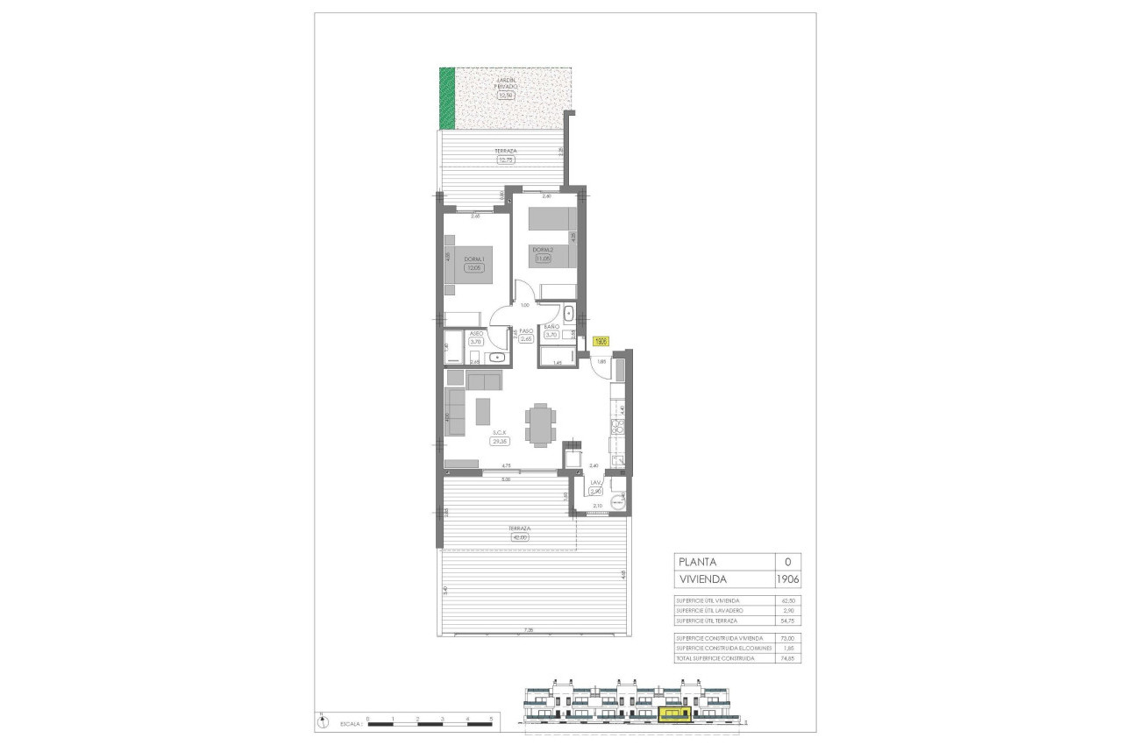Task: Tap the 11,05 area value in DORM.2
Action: pyautogui.click(x=543, y=259)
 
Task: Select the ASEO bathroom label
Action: pyautogui.click(x=476, y=334)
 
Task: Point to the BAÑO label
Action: pyautogui.click(x=551, y=326)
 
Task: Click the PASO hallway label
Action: pyautogui.click(x=526, y=331)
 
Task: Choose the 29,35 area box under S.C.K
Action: pyautogui.click(x=501, y=442)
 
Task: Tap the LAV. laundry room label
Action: pyautogui.click(x=595, y=483)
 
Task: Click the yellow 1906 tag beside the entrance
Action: pyautogui.click(x=601, y=343)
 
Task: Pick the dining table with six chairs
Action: pyautogui.click(x=540, y=424)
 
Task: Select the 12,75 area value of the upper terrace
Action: pyautogui.click(x=506, y=160)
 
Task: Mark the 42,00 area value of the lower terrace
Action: pyautogui.click(x=519, y=537)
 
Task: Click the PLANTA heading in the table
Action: pyautogui.click(x=697, y=562)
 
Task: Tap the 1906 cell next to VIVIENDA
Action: pyautogui.click(x=787, y=580)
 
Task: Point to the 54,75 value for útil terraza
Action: pyautogui.click(x=786, y=620)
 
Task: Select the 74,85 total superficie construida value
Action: pyautogui.click(x=786, y=657)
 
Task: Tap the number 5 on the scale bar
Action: pyautogui.click(x=492, y=719)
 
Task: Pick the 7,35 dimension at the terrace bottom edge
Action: pyautogui.click(x=528, y=630)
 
